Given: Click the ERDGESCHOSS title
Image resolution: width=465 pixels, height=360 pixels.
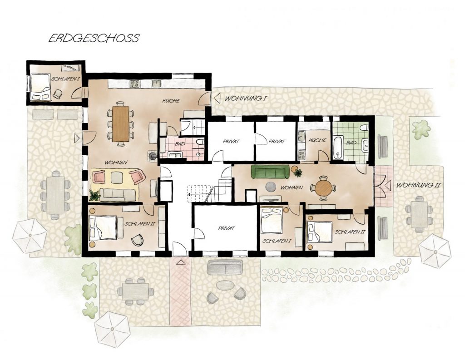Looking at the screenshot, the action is click(x=94, y=38).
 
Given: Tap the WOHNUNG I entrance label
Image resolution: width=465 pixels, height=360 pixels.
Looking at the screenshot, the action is click(x=245, y=98).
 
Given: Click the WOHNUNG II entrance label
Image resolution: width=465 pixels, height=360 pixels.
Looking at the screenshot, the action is click(x=418, y=185).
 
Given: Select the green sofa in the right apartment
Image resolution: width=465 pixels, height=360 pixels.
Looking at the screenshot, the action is click(x=270, y=172).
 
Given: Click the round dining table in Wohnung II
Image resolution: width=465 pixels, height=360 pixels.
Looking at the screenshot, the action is click(x=323, y=187).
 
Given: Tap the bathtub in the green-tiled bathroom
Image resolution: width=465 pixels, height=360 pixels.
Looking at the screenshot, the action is click(x=338, y=148).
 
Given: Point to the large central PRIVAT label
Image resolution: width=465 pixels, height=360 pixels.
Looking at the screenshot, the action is click(x=226, y=228).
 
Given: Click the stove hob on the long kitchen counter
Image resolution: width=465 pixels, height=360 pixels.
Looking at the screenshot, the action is click(x=134, y=84).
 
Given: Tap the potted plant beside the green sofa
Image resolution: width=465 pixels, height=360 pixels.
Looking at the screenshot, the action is click(x=297, y=172).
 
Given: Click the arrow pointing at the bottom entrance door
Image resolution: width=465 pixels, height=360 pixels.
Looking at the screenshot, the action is click(x=180, y=262).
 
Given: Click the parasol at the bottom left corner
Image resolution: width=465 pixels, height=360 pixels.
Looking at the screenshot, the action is click(x=112, y=329).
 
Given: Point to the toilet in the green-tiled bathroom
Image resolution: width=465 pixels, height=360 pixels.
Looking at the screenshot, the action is click(x=364, y=128).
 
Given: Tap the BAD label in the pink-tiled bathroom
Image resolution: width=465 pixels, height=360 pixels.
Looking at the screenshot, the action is click(x=180, y=144).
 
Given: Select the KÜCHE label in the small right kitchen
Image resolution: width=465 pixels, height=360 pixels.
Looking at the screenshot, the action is click(x=317, y=140).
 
